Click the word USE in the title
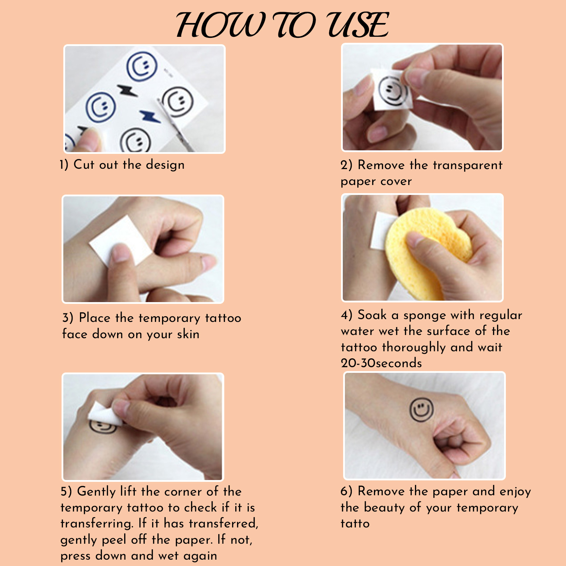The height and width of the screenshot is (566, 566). point(358,25)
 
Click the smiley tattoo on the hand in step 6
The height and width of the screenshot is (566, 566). point(421,410)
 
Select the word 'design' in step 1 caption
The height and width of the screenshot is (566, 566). point(165,165)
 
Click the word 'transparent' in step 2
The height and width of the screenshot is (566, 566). point(468,165)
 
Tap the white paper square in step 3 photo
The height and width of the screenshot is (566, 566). point(120,241)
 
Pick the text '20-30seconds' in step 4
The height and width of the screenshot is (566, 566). point(381,363)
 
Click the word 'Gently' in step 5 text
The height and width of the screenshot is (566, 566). point(96,492)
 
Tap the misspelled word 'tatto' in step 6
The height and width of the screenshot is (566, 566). point(355,524)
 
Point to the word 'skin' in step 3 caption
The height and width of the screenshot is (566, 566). point(188,334)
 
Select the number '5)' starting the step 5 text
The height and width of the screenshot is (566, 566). point(66,492)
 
